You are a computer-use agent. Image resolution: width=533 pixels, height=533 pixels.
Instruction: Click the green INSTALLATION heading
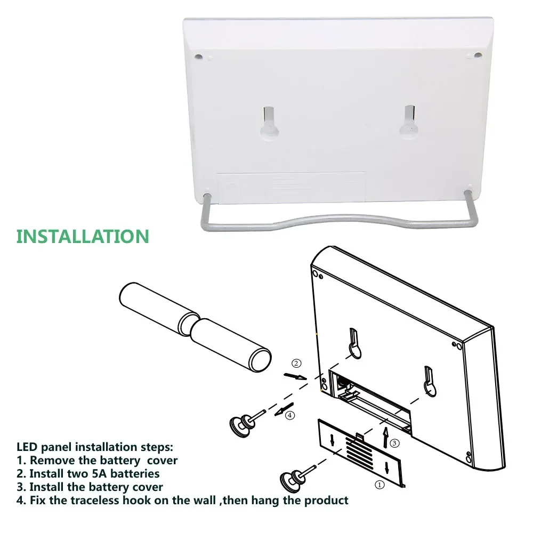[83, 236]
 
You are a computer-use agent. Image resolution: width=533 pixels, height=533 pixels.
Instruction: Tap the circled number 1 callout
[379, 485]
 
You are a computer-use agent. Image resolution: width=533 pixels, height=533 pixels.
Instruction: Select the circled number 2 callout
[297, 364]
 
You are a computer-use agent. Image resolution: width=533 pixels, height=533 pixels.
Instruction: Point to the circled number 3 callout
[394, 443]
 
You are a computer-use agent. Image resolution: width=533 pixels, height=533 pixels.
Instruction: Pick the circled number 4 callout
[290, 415]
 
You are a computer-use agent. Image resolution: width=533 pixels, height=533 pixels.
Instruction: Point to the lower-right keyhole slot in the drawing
[430, 382]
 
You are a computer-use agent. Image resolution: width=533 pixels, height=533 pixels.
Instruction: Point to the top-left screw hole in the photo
[199, 55]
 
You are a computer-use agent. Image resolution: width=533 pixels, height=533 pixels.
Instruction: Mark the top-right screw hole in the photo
[477, 55]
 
